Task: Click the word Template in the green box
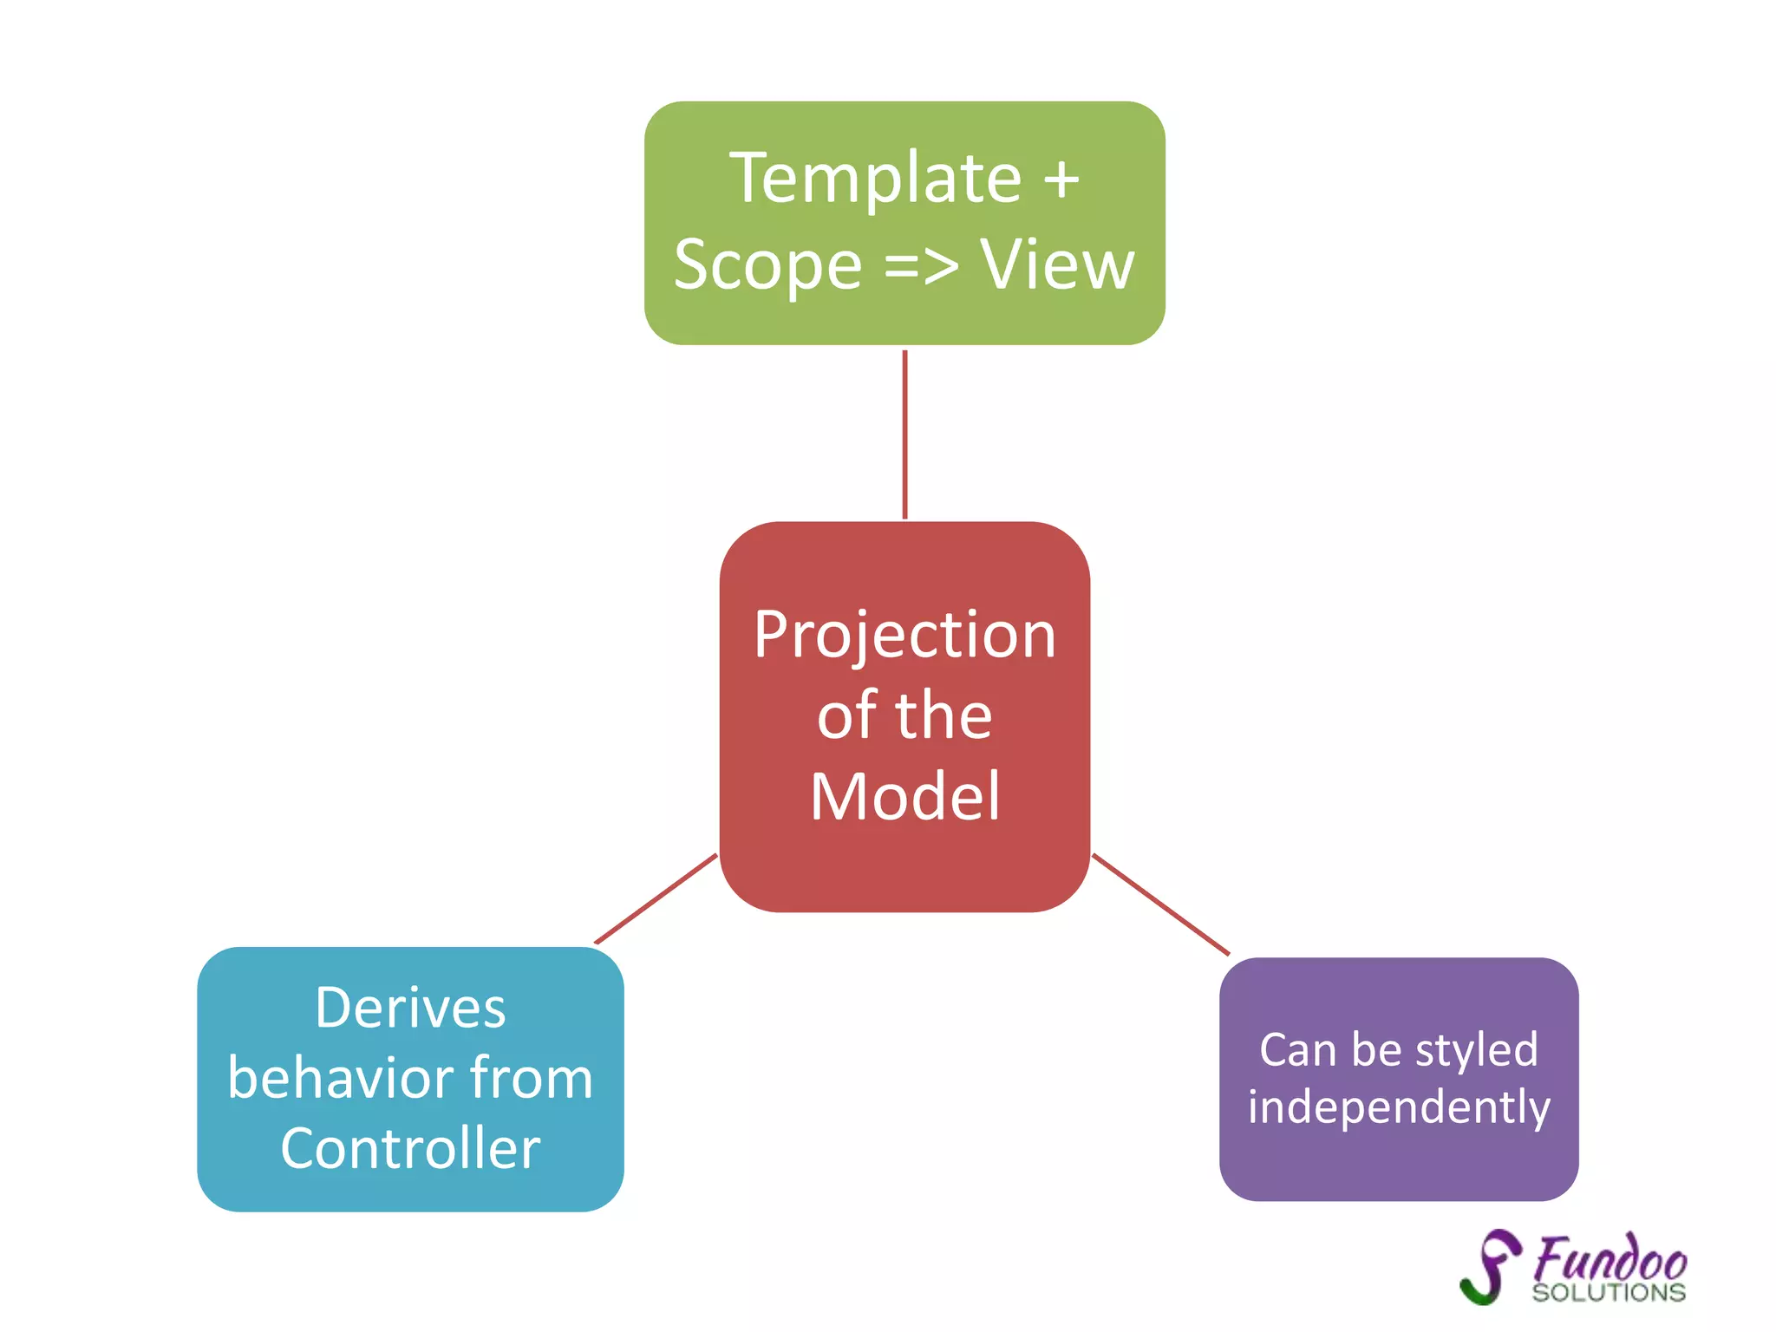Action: (876, 179)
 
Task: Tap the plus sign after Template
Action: (1061, 180)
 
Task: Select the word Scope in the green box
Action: (768, 265)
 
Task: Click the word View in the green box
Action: (1057, 264)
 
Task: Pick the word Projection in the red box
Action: (904, 636)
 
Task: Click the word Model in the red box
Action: (904, 796)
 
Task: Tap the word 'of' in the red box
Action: (846, 715)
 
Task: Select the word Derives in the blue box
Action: (410, 1009)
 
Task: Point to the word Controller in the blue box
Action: (410, 1149)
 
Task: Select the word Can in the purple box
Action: (1297, 1050)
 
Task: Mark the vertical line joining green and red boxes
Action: (904, 434)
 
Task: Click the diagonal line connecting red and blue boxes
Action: (656, 898)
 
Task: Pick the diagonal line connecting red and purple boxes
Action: (1160, 904)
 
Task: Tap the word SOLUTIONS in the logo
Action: (1609, 1293)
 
